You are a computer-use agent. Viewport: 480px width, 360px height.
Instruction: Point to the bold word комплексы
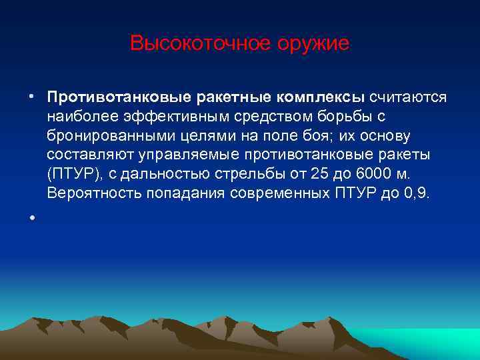coord(318,97)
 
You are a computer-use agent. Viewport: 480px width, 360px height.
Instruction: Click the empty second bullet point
coord(31,218)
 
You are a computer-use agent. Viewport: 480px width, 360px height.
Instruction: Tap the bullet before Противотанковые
coord(31,98)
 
